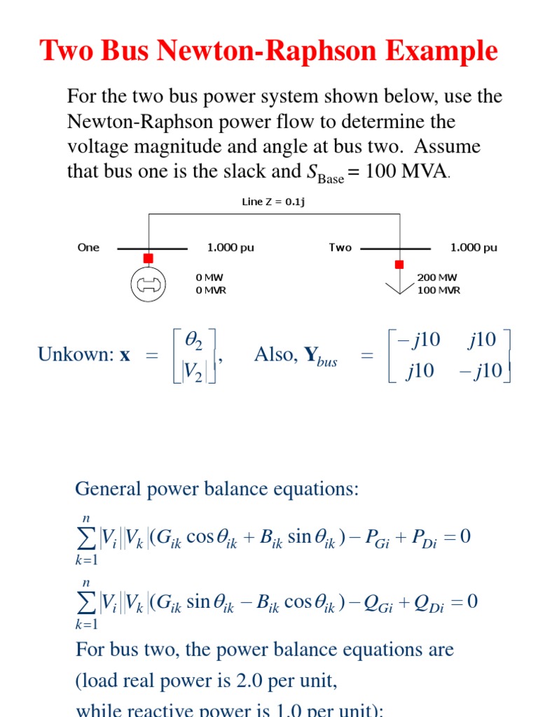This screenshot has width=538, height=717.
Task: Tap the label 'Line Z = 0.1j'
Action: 273,202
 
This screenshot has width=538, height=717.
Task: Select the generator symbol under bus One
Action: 148,284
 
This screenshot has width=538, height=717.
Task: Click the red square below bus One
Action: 148,258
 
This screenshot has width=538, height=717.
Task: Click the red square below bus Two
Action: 399,265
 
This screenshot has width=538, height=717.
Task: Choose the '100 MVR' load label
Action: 439,290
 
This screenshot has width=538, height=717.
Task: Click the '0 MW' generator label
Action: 209,277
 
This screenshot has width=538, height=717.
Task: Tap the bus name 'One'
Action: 89,247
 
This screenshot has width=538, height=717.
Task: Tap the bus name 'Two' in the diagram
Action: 340,247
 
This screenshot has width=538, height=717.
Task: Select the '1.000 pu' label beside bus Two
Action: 474,247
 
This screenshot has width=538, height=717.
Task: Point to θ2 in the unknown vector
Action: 193,340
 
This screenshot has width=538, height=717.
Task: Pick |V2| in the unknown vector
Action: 195,371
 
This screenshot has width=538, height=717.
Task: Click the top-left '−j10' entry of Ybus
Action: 418,340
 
